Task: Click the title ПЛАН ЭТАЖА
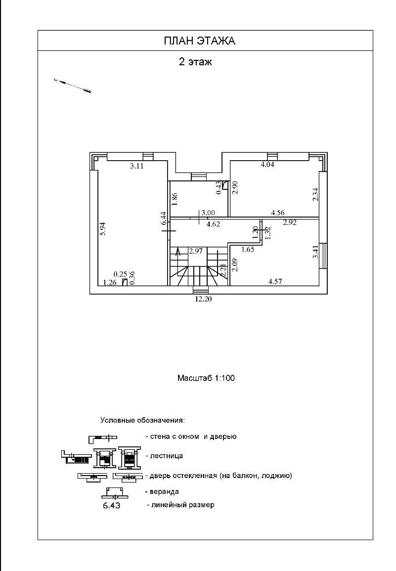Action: click(199, 41)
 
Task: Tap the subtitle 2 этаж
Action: click(195, 62)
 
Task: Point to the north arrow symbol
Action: click(73, 86)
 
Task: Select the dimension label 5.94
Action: click(103, 228)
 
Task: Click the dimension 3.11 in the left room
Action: click(136, 167)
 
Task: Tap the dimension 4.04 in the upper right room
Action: click(267, 165)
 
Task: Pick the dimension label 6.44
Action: click(164, 218)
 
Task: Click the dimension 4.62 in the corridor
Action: click(213, 224)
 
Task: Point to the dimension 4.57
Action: click(276, 282)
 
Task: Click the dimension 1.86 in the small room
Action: click(175, 199)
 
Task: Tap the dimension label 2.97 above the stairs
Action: click(196, 251)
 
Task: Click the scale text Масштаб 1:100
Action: click(206, 378)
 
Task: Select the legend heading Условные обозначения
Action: click(142, 421)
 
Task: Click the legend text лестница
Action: click(167, 455)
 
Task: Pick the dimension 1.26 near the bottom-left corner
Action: click(109, 283)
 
